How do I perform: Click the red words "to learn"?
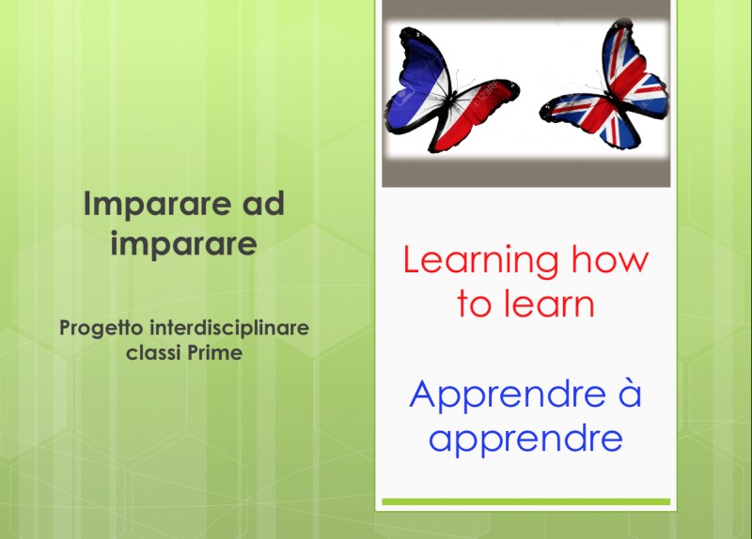[525, 303]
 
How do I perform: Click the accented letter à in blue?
[629, 393]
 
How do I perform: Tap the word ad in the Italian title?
[263, 204]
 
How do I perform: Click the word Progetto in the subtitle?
[102, 330]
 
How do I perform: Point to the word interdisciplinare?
[229, 329]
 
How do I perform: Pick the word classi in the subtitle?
[153, 353]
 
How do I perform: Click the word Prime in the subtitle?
[215, 353]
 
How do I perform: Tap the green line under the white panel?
[525, 501]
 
